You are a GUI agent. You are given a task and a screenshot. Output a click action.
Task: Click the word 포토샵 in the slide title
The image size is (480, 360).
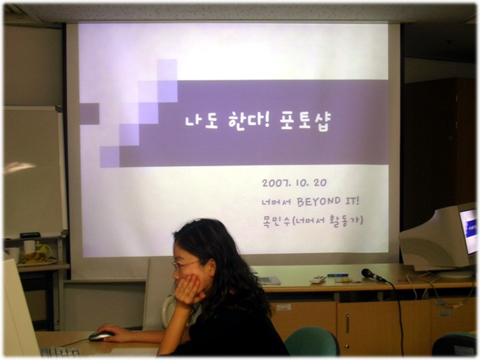point(305,122)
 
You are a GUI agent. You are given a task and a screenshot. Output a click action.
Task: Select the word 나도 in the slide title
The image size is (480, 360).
point(201,122)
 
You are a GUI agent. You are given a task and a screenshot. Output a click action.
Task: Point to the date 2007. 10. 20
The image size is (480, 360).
point(294,183)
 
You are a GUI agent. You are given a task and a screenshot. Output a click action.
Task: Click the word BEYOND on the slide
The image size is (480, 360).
point(319,201)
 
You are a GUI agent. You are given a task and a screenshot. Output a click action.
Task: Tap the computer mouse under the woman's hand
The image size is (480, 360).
point(101,335)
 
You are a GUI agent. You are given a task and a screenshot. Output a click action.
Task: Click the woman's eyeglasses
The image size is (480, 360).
point(184,265)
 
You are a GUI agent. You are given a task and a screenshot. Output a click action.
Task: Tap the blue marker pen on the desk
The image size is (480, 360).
point(338,276)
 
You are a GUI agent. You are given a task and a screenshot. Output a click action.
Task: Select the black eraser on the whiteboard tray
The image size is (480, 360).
point(30,235)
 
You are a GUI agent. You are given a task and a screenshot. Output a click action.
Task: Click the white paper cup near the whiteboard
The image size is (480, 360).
point(30,247)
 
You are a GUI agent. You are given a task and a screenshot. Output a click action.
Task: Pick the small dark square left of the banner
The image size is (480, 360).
point(89,113)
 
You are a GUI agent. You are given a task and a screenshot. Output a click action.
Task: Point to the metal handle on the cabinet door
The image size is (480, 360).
point(348,324)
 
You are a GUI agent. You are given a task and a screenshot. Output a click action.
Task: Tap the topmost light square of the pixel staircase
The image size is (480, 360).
point(167,70)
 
